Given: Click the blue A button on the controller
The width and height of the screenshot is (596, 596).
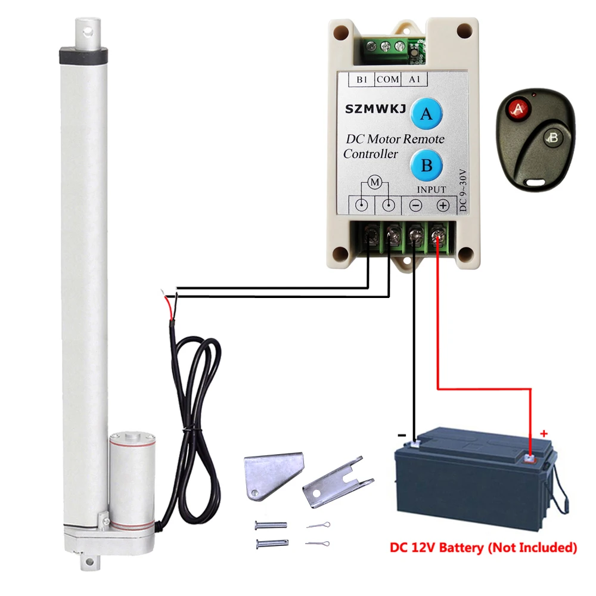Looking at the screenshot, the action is (426, 113).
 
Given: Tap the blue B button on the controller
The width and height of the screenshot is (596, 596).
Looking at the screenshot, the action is (426, 164).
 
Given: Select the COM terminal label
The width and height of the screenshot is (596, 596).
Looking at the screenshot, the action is (389, 79).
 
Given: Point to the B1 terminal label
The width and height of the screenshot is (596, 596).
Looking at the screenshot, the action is (362, 79).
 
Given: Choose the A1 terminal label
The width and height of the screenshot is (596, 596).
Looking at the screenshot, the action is (415, 79).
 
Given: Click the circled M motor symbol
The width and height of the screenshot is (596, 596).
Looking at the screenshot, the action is (375, 182).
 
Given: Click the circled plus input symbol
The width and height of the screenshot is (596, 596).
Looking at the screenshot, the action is (443, 206).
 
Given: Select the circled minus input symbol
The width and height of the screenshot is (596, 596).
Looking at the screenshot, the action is (416, 206).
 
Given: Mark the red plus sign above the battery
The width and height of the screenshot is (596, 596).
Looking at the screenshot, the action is (544, 433).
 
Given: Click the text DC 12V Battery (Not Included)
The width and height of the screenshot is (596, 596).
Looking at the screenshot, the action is (483, 547).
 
